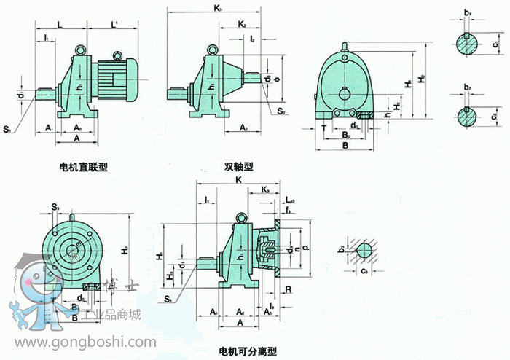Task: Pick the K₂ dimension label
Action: tap(243, 24)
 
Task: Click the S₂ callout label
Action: tap(281, 111)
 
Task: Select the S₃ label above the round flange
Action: tap(55, 208)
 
